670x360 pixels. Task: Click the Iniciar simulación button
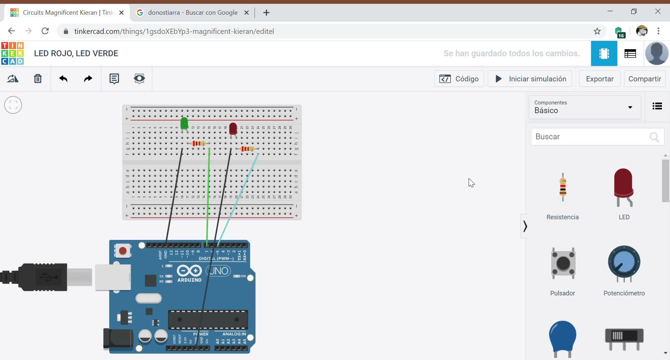(x=530, y=79)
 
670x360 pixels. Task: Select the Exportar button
(x=600, y=79)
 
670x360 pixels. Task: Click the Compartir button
(x=645, y=79)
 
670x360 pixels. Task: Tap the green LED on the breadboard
(x=184, y=123)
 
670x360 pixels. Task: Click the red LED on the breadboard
(x=233, y=128)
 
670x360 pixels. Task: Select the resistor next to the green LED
(x=199, y=143)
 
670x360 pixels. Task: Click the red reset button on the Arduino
(x=122, y=251)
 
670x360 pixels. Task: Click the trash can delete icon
(x=38, y=79)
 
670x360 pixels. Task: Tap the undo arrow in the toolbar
(x=63, y=79)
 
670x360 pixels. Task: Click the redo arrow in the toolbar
(x=88, y=79)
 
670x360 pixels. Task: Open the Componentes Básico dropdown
(x=585, y=107)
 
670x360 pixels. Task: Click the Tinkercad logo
(x=13, y=53)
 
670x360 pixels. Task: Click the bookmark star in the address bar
(x=597, y=31)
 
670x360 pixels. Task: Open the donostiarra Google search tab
(x=192, y=13)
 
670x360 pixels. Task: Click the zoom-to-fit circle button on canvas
(x=13, y=105)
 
